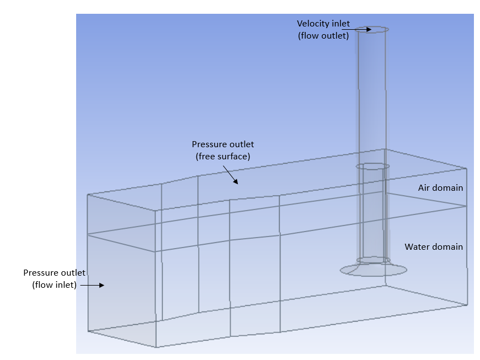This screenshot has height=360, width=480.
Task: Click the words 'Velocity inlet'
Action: tap(323, 24)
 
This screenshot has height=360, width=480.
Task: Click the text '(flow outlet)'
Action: tap(323, 36)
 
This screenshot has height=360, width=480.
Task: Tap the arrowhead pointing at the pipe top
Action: tap(369, 29)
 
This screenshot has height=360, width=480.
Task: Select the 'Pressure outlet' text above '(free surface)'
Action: tap(223, 144)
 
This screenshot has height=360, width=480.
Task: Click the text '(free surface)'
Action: tap(223, 157)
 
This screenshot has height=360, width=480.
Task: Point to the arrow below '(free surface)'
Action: tap(231, 175)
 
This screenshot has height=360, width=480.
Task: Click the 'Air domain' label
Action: tap(440, 188)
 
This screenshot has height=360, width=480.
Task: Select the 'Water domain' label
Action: tap(434, 247)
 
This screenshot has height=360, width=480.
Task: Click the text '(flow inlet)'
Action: tap(54, 285)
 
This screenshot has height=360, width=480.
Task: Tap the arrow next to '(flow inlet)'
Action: tap(92, 285)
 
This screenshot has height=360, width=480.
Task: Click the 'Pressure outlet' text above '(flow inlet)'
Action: tap(54, 272)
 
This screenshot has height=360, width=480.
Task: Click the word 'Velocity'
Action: tap(311, 24)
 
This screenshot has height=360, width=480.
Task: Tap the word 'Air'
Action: tap(424, 188)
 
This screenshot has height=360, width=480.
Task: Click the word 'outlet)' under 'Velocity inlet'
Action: tap(335, 36)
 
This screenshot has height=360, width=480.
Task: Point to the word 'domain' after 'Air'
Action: tap(447, 188)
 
